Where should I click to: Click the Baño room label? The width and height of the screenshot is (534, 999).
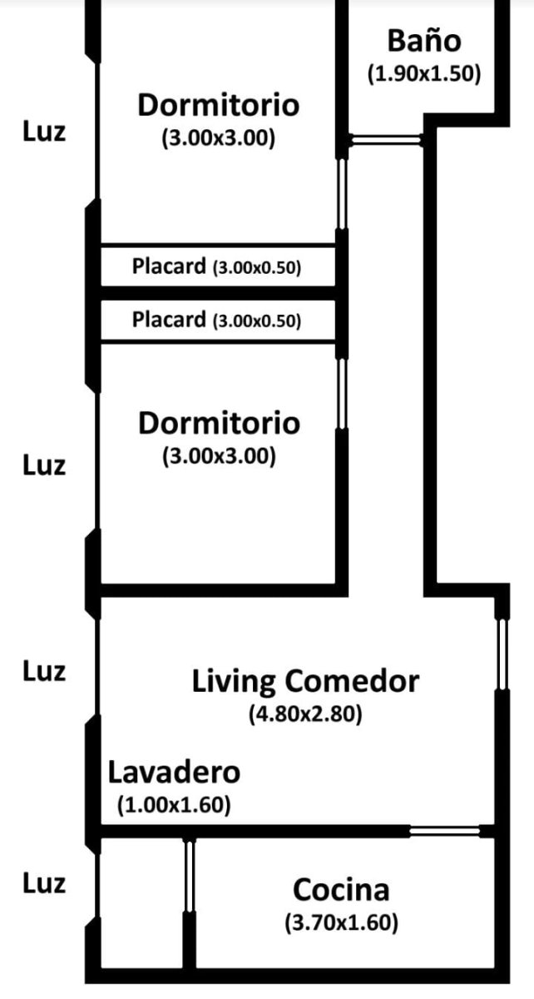click(x=424, y=41)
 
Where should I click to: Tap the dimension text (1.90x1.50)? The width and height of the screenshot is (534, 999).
click(x=424, y=73)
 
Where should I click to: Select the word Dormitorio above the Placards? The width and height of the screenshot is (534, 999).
click(x=219, y=105)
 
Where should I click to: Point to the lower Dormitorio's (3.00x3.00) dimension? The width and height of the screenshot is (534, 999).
click(x=219, y=456)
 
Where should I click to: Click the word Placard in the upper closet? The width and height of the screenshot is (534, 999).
click(x=169, y=266)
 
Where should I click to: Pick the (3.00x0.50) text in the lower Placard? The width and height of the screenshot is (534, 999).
click(x=257, y=321)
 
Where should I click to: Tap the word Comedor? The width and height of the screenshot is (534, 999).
click(x=352, y=682)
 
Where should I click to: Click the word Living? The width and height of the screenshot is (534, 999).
click(x=234, y=683)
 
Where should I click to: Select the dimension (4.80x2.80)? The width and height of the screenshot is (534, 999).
click(x=305, y=714)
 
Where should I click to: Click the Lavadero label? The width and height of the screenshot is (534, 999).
click(x=174, y=773)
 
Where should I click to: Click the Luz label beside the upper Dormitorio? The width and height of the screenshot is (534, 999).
click(x=44, y=132)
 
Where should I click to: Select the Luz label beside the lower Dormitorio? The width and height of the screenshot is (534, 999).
click(x=44, y=465)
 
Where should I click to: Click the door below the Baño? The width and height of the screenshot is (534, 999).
click(x=386, y=141)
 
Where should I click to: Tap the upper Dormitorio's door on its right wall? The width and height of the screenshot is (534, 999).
click(x=341, y=195)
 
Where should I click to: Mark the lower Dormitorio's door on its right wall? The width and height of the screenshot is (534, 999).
click(x=341, y=394)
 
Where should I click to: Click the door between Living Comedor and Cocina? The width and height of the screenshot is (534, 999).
click(x=445, y=831)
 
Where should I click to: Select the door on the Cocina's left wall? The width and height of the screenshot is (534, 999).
click(x=190, y=877)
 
